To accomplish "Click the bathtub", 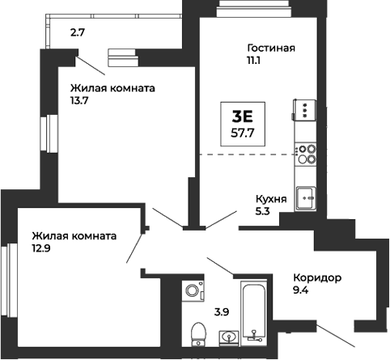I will (253, 311).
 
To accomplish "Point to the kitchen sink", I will (306, 195).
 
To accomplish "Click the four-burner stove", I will (306, 154).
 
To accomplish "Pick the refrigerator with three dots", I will (305, 108).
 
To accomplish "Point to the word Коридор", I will (316, 278).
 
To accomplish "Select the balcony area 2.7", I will (77, 33).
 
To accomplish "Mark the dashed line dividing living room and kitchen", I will (243, 154).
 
